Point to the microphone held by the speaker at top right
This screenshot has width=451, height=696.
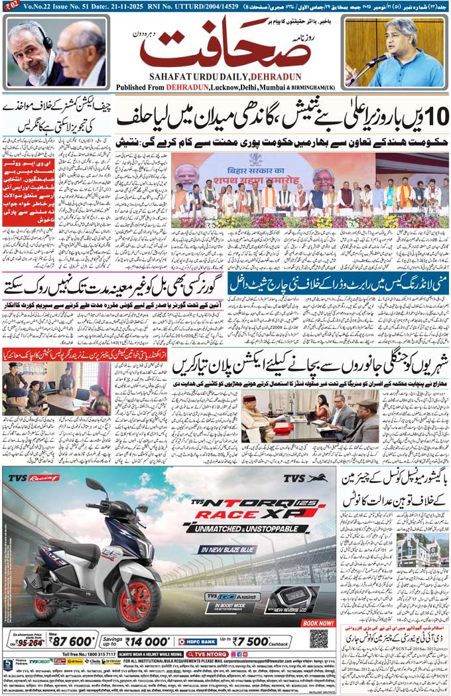click(x=380, y=59)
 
